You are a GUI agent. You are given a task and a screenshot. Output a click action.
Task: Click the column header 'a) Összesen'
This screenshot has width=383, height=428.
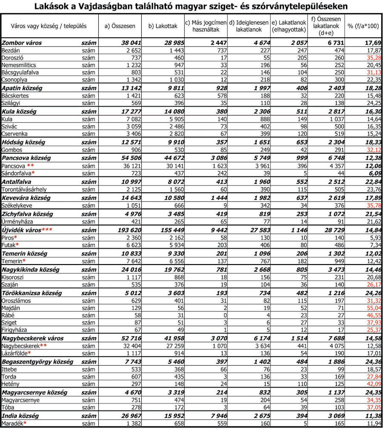(x=120, y=26)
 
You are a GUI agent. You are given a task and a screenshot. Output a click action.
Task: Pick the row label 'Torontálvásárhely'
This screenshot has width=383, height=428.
(x=24, y=189)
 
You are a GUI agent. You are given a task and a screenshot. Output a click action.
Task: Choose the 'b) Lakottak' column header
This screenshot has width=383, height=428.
(x=163, y=26)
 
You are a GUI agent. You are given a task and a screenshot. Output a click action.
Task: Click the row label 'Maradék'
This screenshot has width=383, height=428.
(x=12, y=423)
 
